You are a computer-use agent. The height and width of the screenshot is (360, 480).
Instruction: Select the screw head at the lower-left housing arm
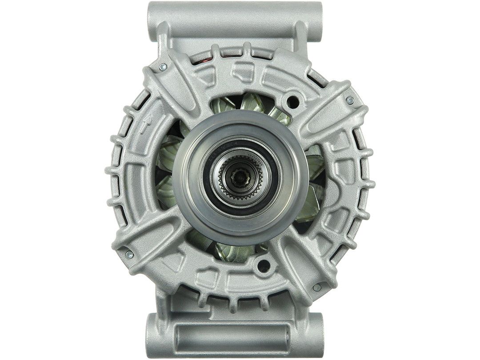click(x=129, y=254)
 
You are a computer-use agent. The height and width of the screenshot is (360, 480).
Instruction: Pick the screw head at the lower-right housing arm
click(x=316, y=288)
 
